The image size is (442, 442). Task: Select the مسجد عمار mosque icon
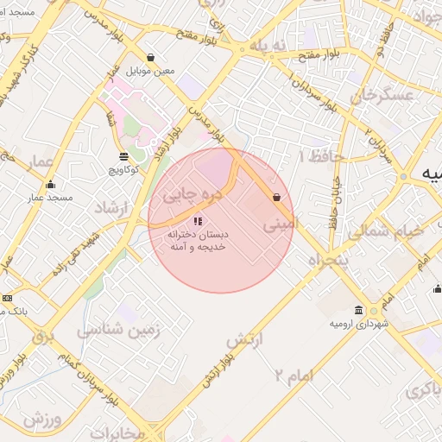[x=50, y=184]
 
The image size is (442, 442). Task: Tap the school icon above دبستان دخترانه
[x=199, y=220]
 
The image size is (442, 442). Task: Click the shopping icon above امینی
[x=276, y=198]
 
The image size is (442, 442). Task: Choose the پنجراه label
[x=328, y=259]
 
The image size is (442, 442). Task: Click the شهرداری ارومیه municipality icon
[x=358, y=310]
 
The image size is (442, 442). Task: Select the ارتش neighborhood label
[x=243, y=340]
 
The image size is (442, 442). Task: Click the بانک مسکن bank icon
[x=8, y=297]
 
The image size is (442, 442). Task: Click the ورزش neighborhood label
[x=41, y=420]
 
